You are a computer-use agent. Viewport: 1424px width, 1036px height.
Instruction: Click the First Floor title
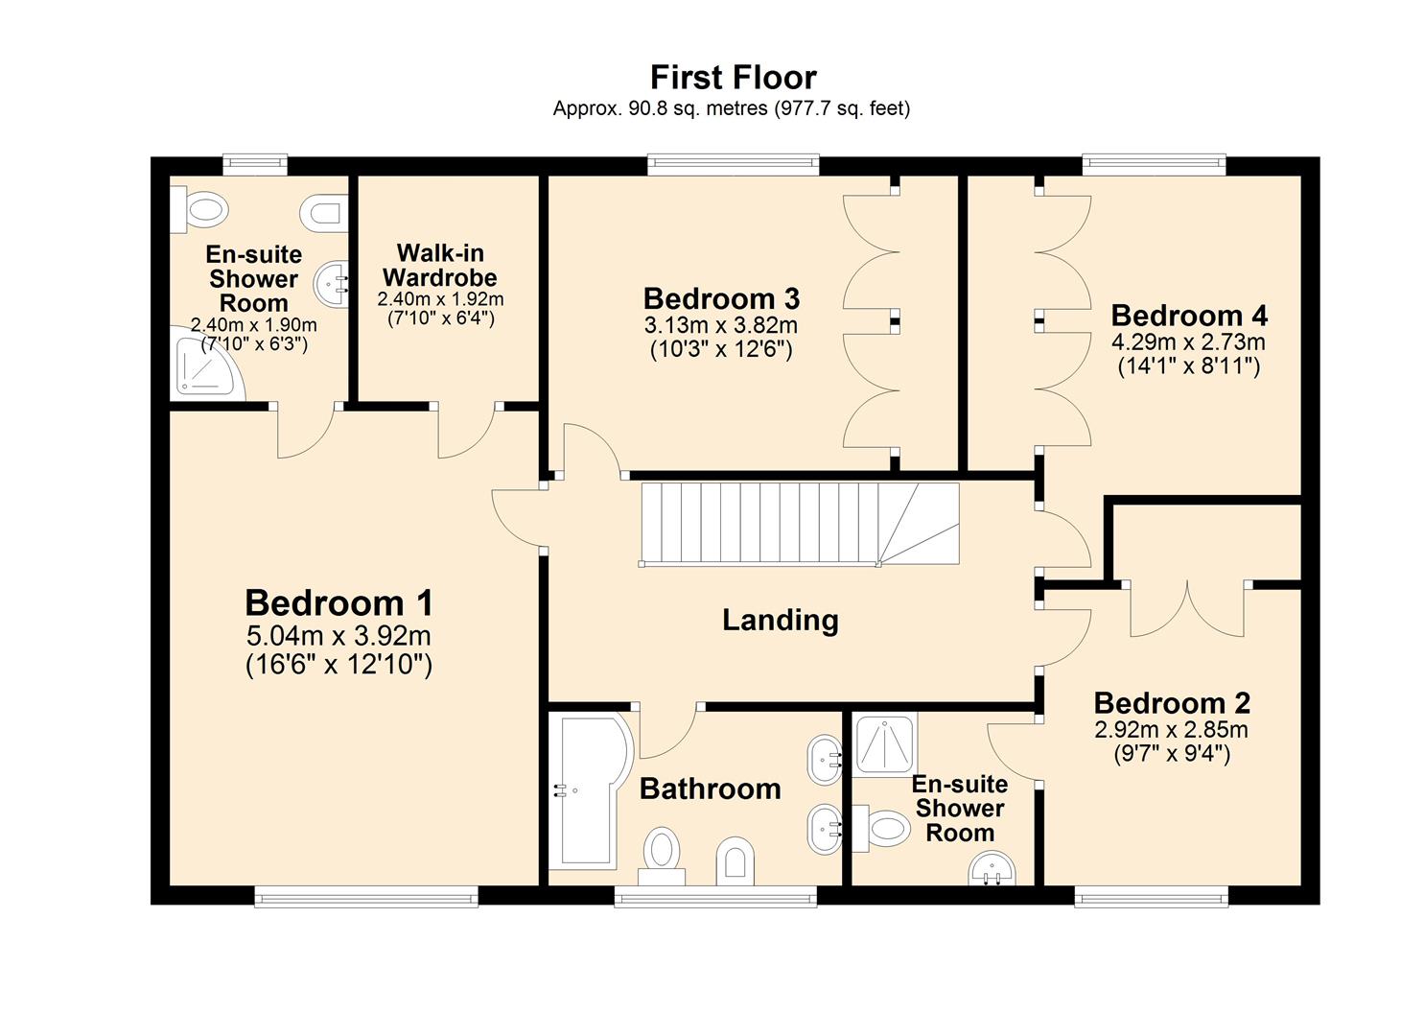[733, 77]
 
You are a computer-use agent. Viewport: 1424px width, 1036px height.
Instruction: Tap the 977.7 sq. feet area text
[840, 108]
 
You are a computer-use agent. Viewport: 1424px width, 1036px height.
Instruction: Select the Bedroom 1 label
[338, 603]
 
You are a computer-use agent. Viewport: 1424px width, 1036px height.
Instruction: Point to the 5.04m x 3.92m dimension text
[338, 636]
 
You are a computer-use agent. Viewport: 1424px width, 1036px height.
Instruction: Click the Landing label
[780, 621]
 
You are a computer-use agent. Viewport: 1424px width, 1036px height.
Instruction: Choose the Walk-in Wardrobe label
[440, 266]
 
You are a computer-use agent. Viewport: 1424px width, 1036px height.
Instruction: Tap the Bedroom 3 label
[721, 298]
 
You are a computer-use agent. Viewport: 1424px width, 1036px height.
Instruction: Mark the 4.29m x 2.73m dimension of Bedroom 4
[1188, 342]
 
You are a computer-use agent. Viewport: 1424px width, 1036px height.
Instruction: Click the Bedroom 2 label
[1172, 703]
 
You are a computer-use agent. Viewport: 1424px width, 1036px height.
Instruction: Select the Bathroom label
[710, 789]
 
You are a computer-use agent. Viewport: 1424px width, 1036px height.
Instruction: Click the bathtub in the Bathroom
[590, 789]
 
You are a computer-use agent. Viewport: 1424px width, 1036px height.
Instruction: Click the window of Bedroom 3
[733, 165]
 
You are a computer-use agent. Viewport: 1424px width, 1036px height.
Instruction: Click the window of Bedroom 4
[1154, 165]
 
